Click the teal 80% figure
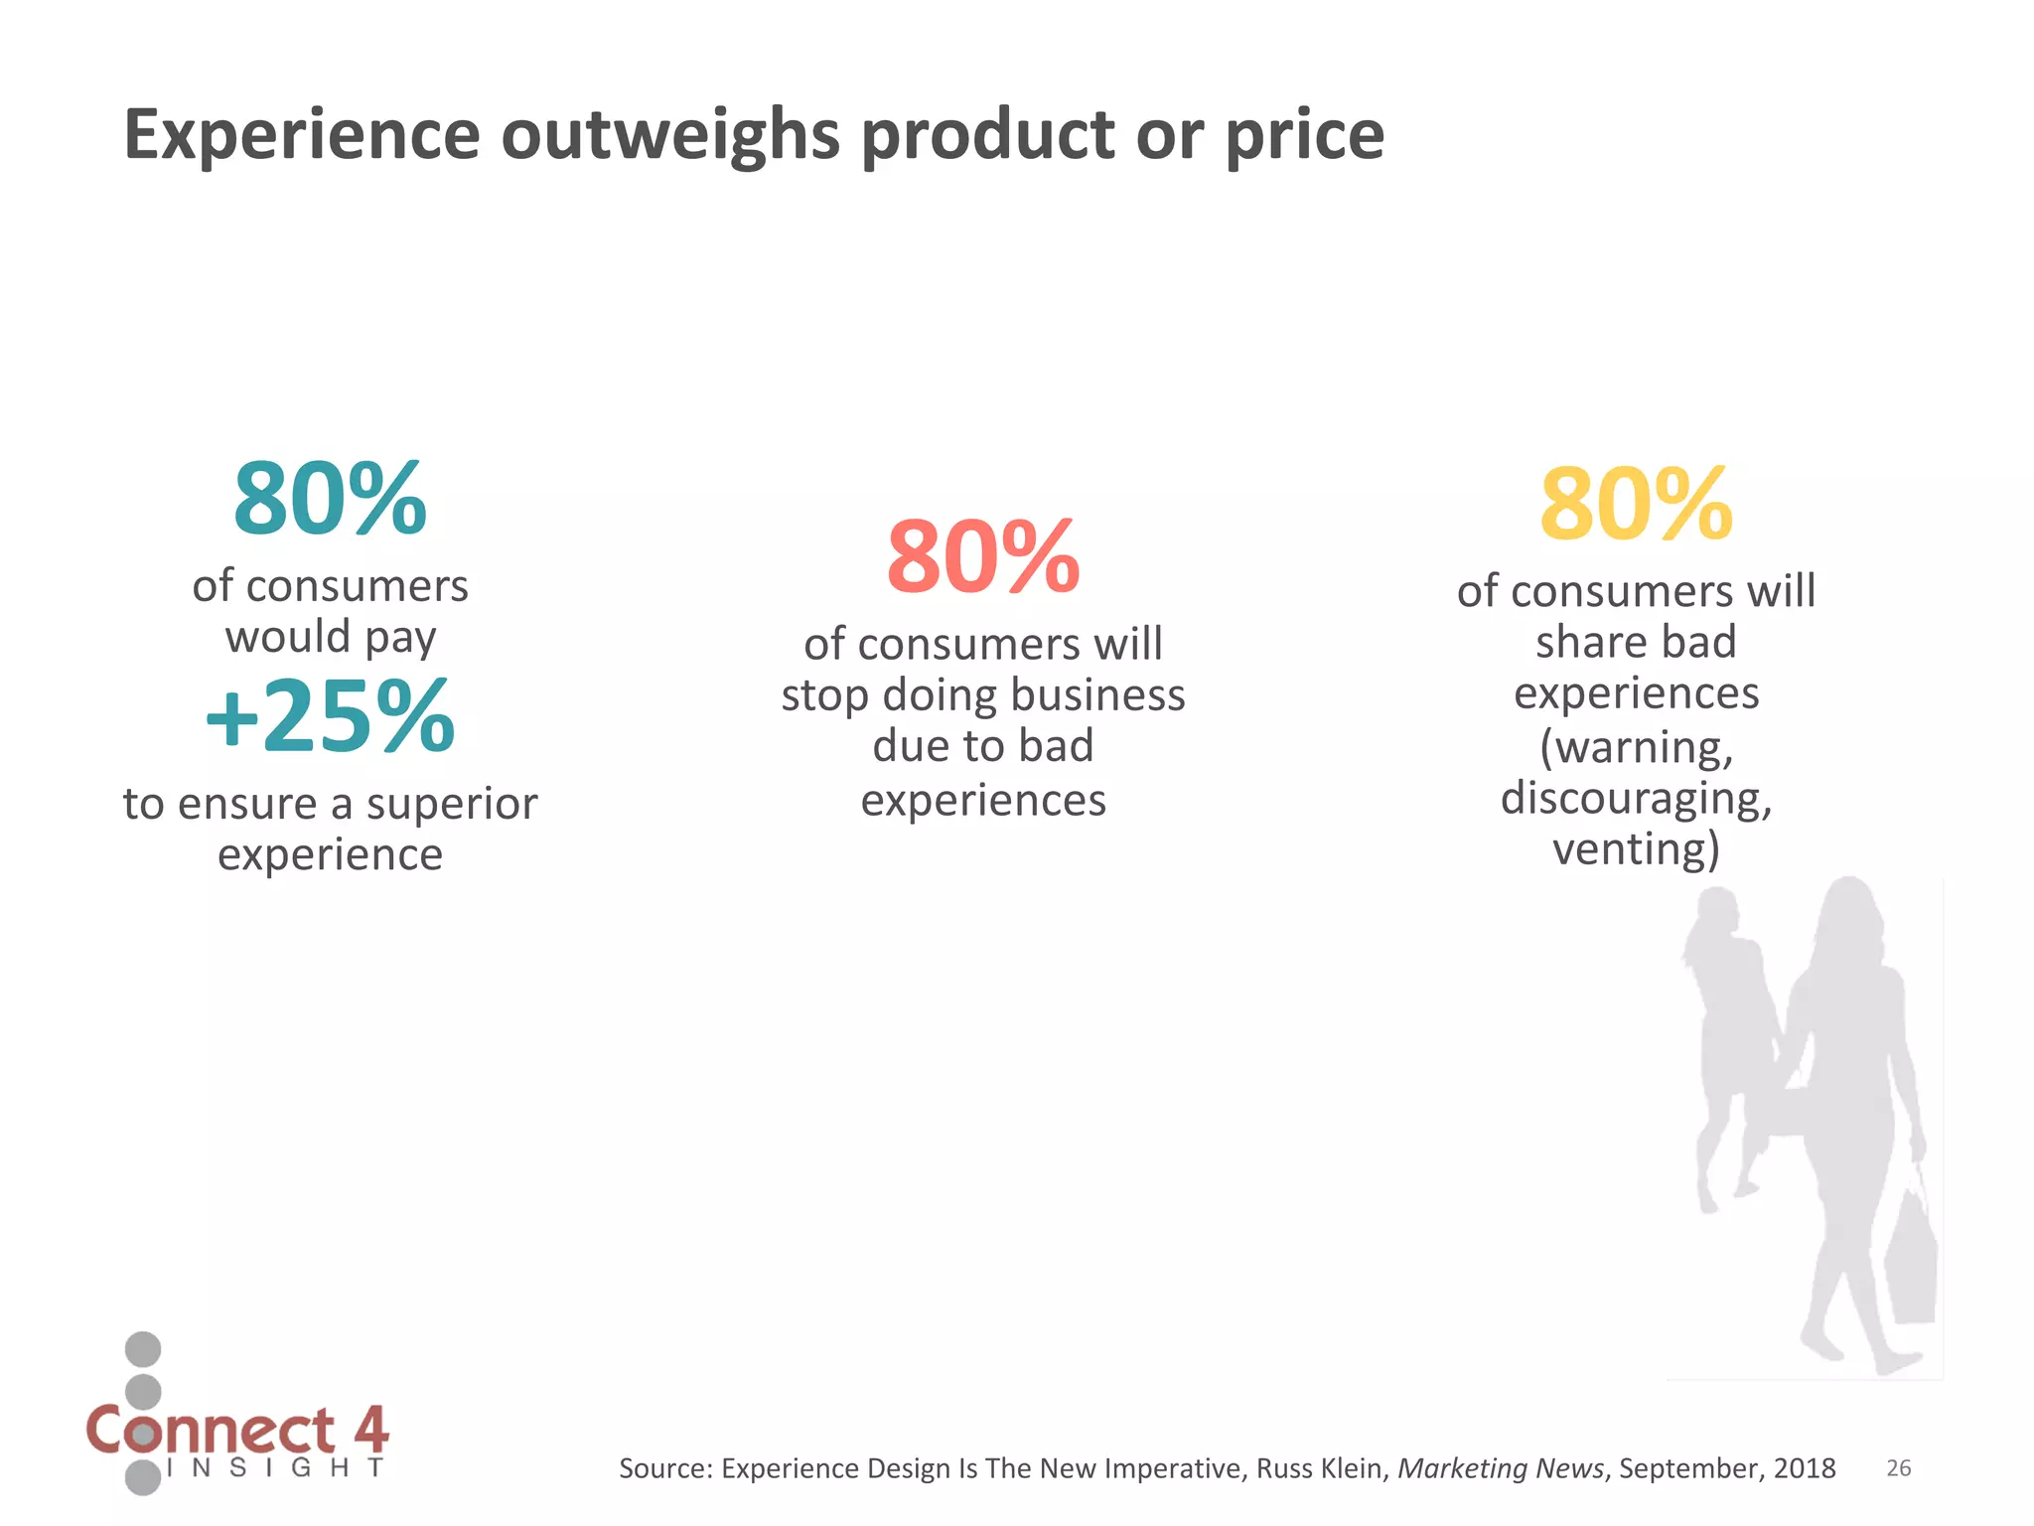tap(330, 499)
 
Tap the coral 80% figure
tap(982, 557)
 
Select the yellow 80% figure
tap(1636, 505)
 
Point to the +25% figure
tap(330, 716)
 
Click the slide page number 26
tap(1898, 1468)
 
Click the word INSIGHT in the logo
tap(276, 1468)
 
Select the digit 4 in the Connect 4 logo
tap(370, 1429)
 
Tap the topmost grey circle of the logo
tap(143, 1349)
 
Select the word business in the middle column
tap(1102, 695)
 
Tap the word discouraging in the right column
tap(1636, 799)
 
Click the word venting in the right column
tap(1629, 849)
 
